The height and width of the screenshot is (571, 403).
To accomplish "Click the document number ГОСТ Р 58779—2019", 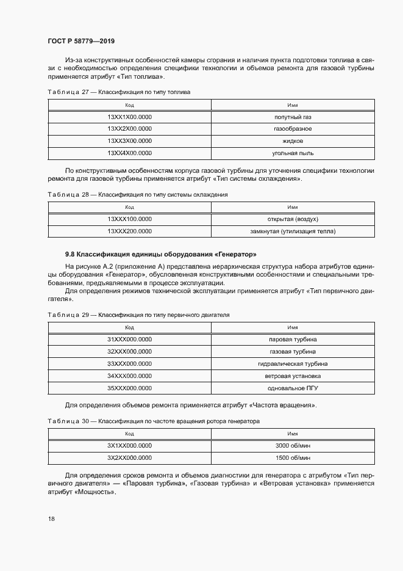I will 80,41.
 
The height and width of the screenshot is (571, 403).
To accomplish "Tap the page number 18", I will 51,518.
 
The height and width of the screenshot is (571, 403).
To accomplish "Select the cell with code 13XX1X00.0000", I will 129,117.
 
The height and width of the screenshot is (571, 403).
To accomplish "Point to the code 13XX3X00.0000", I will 129,141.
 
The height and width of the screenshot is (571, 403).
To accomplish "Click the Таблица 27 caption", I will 119,92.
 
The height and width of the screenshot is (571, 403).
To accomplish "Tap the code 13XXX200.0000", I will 129,231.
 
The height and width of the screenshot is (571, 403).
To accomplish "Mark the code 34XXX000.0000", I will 129,376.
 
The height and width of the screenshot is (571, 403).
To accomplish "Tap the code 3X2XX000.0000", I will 129,457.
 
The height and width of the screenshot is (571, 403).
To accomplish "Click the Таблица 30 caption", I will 154,421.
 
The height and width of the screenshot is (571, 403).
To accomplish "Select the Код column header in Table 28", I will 129,207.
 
